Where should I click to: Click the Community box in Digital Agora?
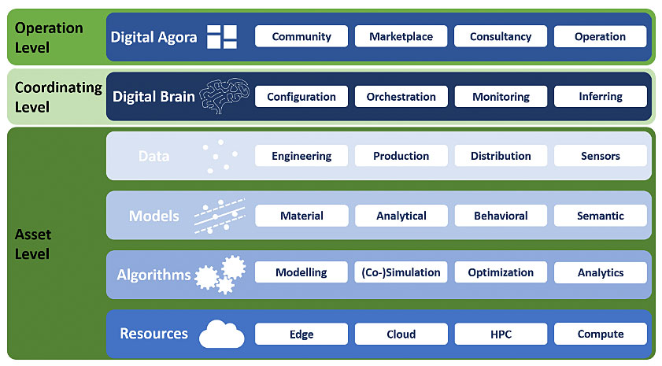pyautogui.click(x=301, y=36)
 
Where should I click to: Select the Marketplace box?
pyautogui.click(x=401, y=36)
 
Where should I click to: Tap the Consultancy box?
pyautogui.click(x=501, y=36)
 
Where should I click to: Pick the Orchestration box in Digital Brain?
pyautogui.click(x=401, y=97)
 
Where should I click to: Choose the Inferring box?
pyautogui.click(x=601, y=97)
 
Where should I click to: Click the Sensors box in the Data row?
pyautogui.click(x=601, y=156)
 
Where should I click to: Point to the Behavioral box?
pyautogui.click(x=501, y=216)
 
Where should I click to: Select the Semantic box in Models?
pyautogui.click(x=601, y=216)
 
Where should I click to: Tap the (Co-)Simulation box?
pyautogui.click(x=401, y=272)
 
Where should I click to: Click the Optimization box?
pyautogui.click(x=501, y=272)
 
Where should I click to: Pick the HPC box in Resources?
pyautogui.click(x=501, y=334)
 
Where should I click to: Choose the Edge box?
pyautogui.click(x=301, y=334)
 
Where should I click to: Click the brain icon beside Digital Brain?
pyautogui.click(x=224, y=96)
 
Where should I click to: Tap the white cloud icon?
pyautogui.click(x=222, y=334)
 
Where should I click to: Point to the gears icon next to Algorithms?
pyautogui.click(x=220, y=275)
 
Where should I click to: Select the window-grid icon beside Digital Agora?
pyautogui.click(x=222, y=37)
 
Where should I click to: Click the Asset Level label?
pyautogui.click(x=33, y=244)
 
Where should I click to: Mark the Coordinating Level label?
pyautogui.click(x=58, y=97)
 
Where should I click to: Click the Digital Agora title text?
pyautogui.click(x=153, y=37)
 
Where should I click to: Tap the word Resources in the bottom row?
pyautogui.click(x=153, y=334)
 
